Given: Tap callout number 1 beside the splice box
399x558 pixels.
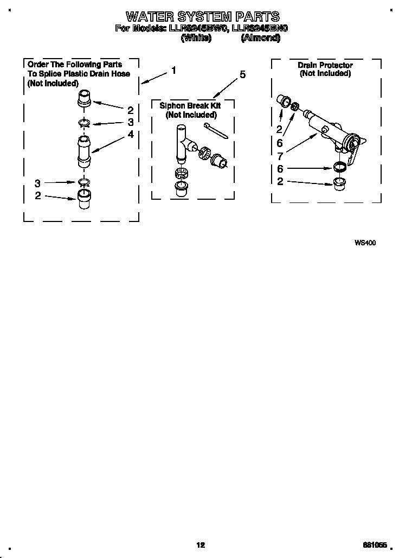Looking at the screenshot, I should pos(173,70).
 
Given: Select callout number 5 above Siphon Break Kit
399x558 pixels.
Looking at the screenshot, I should pos(242,74).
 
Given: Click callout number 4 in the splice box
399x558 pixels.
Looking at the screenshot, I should pos(131,134).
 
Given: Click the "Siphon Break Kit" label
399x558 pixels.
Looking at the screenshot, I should pos(190,106).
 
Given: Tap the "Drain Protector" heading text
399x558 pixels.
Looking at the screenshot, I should pos(325,65).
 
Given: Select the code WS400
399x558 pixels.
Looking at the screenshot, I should pos(365,243).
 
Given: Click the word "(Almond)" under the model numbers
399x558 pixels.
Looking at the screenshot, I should pos(260,38).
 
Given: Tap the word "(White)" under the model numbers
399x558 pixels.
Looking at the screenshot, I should pos(195,38).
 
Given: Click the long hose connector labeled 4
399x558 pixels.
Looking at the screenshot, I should pos(84,151).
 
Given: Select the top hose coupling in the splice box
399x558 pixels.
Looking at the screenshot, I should pos(84,100).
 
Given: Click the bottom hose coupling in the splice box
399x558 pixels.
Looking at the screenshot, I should pos(83,199).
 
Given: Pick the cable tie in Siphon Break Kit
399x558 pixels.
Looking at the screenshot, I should pos(215,131).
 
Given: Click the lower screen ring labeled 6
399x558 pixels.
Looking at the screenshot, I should pos(339,167).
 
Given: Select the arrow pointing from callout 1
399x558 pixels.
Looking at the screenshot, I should pos(155,78).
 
